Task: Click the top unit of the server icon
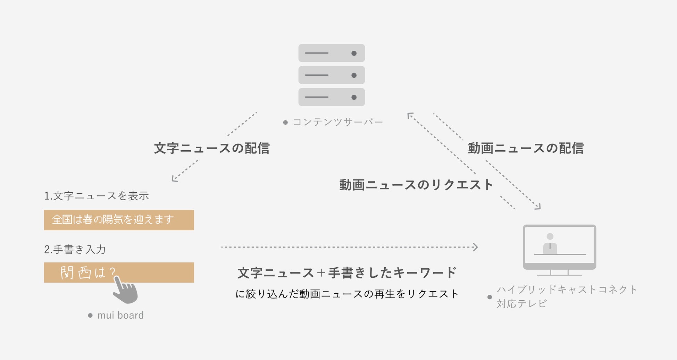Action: [332, 53]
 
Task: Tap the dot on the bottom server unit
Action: [354, 97]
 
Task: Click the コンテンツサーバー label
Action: [337, 122]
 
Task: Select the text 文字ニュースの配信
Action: [212, 148]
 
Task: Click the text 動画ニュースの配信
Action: [526, 148]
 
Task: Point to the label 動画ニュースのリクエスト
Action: [416, 185]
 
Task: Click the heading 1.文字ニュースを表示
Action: [97, 196]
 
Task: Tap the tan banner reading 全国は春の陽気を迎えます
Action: [119, 220]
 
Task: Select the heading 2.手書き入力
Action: [75, 249]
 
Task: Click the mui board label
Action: [120, 315]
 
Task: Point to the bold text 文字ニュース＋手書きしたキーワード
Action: [346, 273]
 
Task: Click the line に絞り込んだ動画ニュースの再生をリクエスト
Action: [347, 294]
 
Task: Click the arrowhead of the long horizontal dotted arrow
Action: [476, 247]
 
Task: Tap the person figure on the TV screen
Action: [550, 245]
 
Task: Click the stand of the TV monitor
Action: [559, 273]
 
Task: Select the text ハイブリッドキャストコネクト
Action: [567, 290]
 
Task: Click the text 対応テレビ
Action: [521, 304]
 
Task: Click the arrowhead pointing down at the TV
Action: [538, 207]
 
